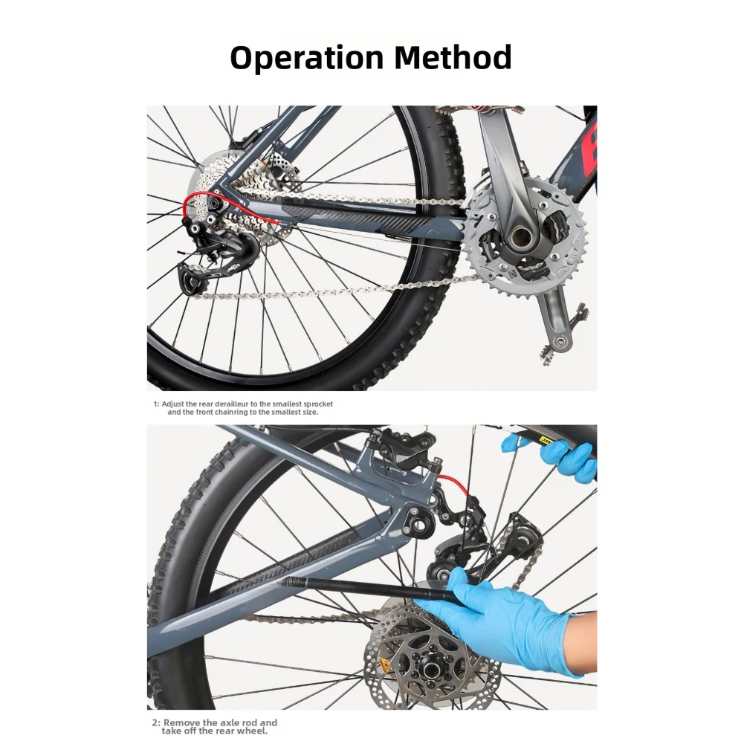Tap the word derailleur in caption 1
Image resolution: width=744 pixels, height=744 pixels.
click(233, 404)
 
